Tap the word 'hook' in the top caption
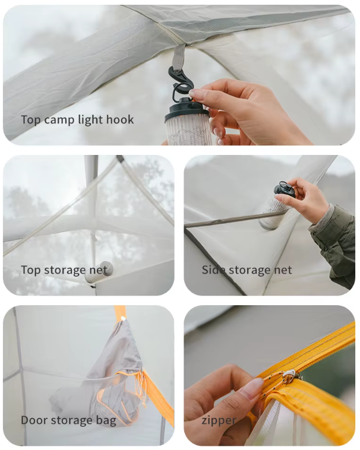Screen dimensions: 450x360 [x=120, y=119]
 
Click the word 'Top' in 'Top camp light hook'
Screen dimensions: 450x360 [x=31, y=119]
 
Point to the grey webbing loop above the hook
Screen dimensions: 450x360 [x=178, y=57]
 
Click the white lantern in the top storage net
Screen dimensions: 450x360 [x=99, y=272]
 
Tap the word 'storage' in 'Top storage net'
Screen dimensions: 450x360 [x=67, y=270]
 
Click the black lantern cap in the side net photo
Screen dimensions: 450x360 [x=285, y=190]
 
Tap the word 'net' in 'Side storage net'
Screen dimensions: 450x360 [x=282, y=270]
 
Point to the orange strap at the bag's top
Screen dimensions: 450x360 [x=121, y=312]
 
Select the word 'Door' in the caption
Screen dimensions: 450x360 [x=34, y=420]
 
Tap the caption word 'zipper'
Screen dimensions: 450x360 [x=219, y=420]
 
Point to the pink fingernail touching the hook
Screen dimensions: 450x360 [x=197, y=94]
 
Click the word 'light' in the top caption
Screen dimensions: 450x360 [x=90, y=119]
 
